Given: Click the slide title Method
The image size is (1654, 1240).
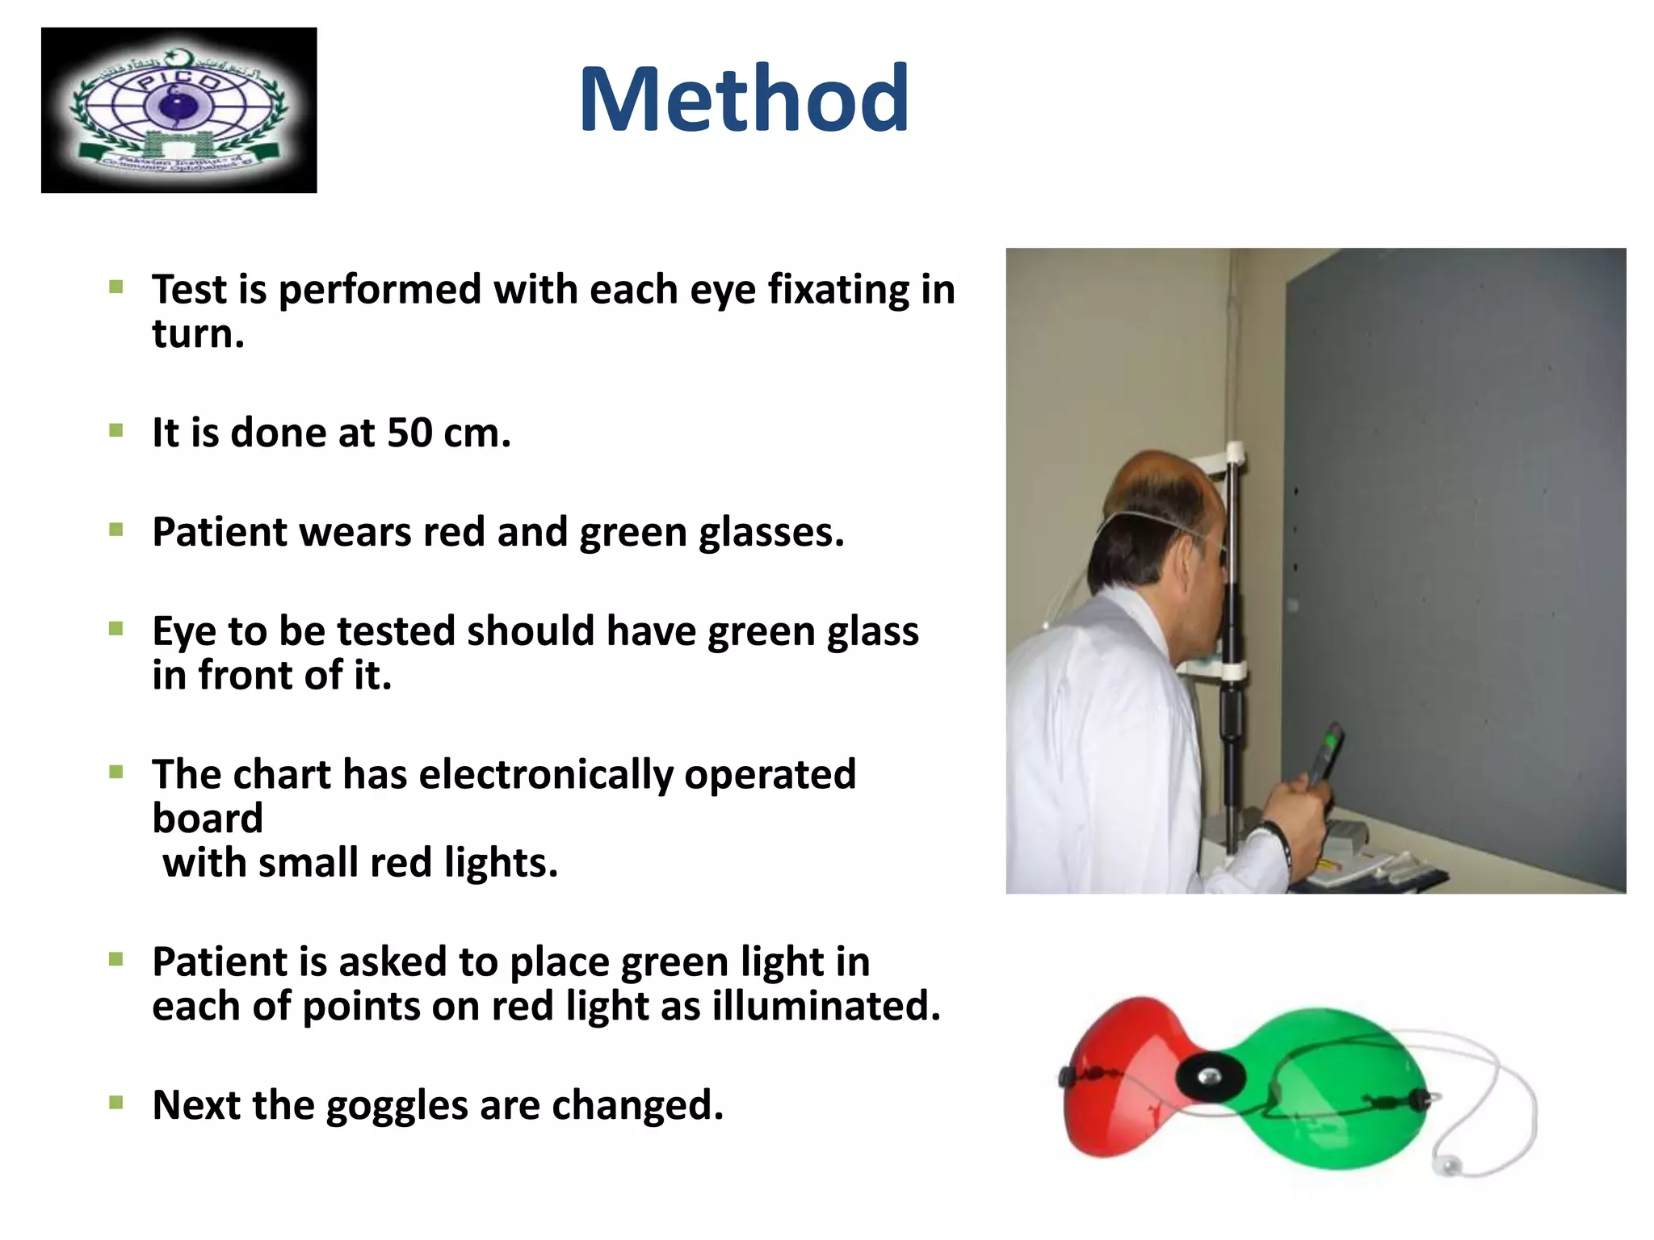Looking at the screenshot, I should pyautogui.click(x=744, y=100).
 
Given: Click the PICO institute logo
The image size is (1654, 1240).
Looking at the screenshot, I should pyautogui.click(x=178, y=111).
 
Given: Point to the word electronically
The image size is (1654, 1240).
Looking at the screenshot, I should pyautogui.click(x=546, y=775).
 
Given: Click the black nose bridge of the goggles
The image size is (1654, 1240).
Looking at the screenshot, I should pyautogui.click(x=1209, y=1078).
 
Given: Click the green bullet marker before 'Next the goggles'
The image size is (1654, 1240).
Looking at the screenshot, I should pyautogui.click(x=116, y=1102).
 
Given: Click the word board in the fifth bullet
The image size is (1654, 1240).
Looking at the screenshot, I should pyautogui.click(x=208, y=819).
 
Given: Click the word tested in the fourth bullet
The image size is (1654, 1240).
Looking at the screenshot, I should pyautogui.click(x=395, y=631).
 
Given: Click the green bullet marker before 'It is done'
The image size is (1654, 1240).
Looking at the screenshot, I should pyautogui.click(x=116, y=430).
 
